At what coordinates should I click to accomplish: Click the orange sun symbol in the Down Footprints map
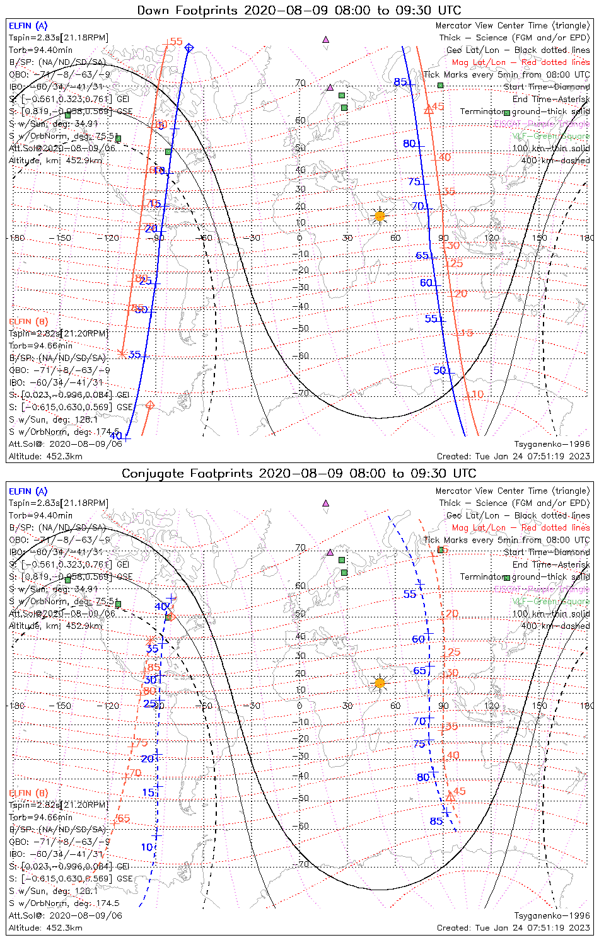pos(379,216)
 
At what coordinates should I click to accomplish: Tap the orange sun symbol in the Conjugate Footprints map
pos(379,683)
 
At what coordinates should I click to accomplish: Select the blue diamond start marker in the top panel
pos(189,48)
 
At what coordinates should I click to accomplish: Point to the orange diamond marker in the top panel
pos(149,405)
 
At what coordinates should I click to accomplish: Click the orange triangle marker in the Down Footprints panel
pos(428,110)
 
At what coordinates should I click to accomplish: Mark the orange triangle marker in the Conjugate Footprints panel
pos(450,797)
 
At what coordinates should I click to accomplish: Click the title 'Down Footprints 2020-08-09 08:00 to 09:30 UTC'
pos(299,10)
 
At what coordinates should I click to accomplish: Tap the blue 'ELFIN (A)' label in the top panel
pos(28,26)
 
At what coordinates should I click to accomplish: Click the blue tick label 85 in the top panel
pos(400,82)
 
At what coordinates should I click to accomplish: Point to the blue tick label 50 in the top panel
pos(440,370)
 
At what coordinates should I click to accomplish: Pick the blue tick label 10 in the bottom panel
pos(147,847)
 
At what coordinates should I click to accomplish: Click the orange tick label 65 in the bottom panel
pos(124,818)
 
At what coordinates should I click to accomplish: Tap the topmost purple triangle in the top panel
pos(325,39)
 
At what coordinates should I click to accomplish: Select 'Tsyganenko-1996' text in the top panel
pos(552,444)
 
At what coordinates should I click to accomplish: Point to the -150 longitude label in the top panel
pos(64,238)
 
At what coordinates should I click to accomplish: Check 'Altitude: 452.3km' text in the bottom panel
pos(45,928)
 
